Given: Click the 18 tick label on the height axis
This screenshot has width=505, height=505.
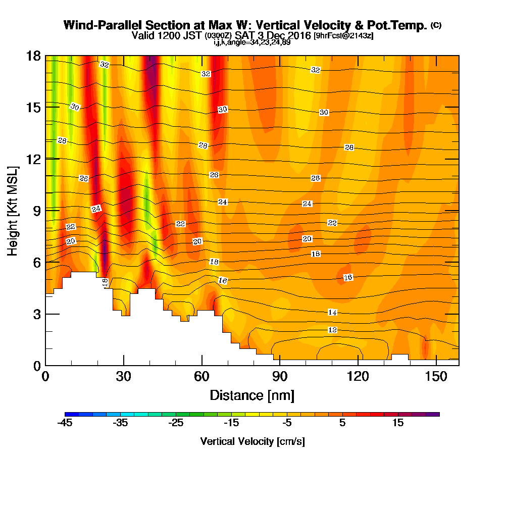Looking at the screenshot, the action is (33, 56).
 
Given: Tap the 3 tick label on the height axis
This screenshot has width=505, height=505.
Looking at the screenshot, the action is (37, 314).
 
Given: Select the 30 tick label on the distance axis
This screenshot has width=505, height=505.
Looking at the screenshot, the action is (124, 376).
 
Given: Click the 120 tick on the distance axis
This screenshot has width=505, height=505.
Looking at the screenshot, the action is (358, 361).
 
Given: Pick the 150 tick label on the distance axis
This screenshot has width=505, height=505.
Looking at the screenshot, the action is (436, 376).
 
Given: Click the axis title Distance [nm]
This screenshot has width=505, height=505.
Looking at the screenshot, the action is (252, 395).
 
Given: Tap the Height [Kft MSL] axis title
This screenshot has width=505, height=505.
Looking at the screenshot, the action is (13, 211).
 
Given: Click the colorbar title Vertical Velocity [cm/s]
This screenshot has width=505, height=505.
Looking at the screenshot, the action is (252, 441).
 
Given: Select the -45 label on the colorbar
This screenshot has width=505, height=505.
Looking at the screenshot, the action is (65, 423).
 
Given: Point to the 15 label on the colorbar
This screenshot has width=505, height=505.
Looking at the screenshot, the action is (398, 423).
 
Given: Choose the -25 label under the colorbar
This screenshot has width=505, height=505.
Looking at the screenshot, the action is (176, 423).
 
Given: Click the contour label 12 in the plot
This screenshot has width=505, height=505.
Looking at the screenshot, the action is (332, 330).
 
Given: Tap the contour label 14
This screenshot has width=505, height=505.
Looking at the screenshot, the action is (332, 313).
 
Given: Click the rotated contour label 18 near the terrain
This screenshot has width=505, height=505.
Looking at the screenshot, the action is (106, 283).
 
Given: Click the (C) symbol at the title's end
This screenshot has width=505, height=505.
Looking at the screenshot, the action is (436, 25).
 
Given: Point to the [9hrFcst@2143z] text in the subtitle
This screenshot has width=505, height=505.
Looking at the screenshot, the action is (343, 36).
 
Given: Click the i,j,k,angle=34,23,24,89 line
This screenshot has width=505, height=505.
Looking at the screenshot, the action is (252, 42).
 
